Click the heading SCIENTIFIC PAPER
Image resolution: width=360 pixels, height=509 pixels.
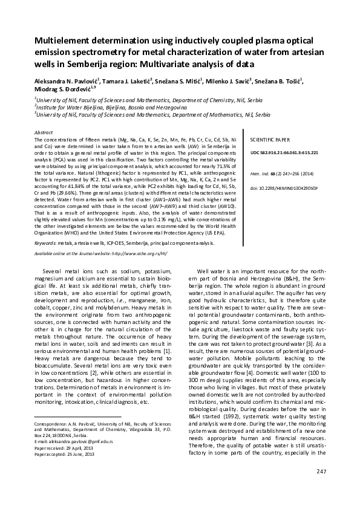[x=270, y=139]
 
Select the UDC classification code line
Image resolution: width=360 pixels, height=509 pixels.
[x=284, y=153]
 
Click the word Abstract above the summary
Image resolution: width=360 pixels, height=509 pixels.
[x=45, y=131]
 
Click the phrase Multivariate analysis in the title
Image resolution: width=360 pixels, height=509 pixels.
[x=196, y=63]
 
